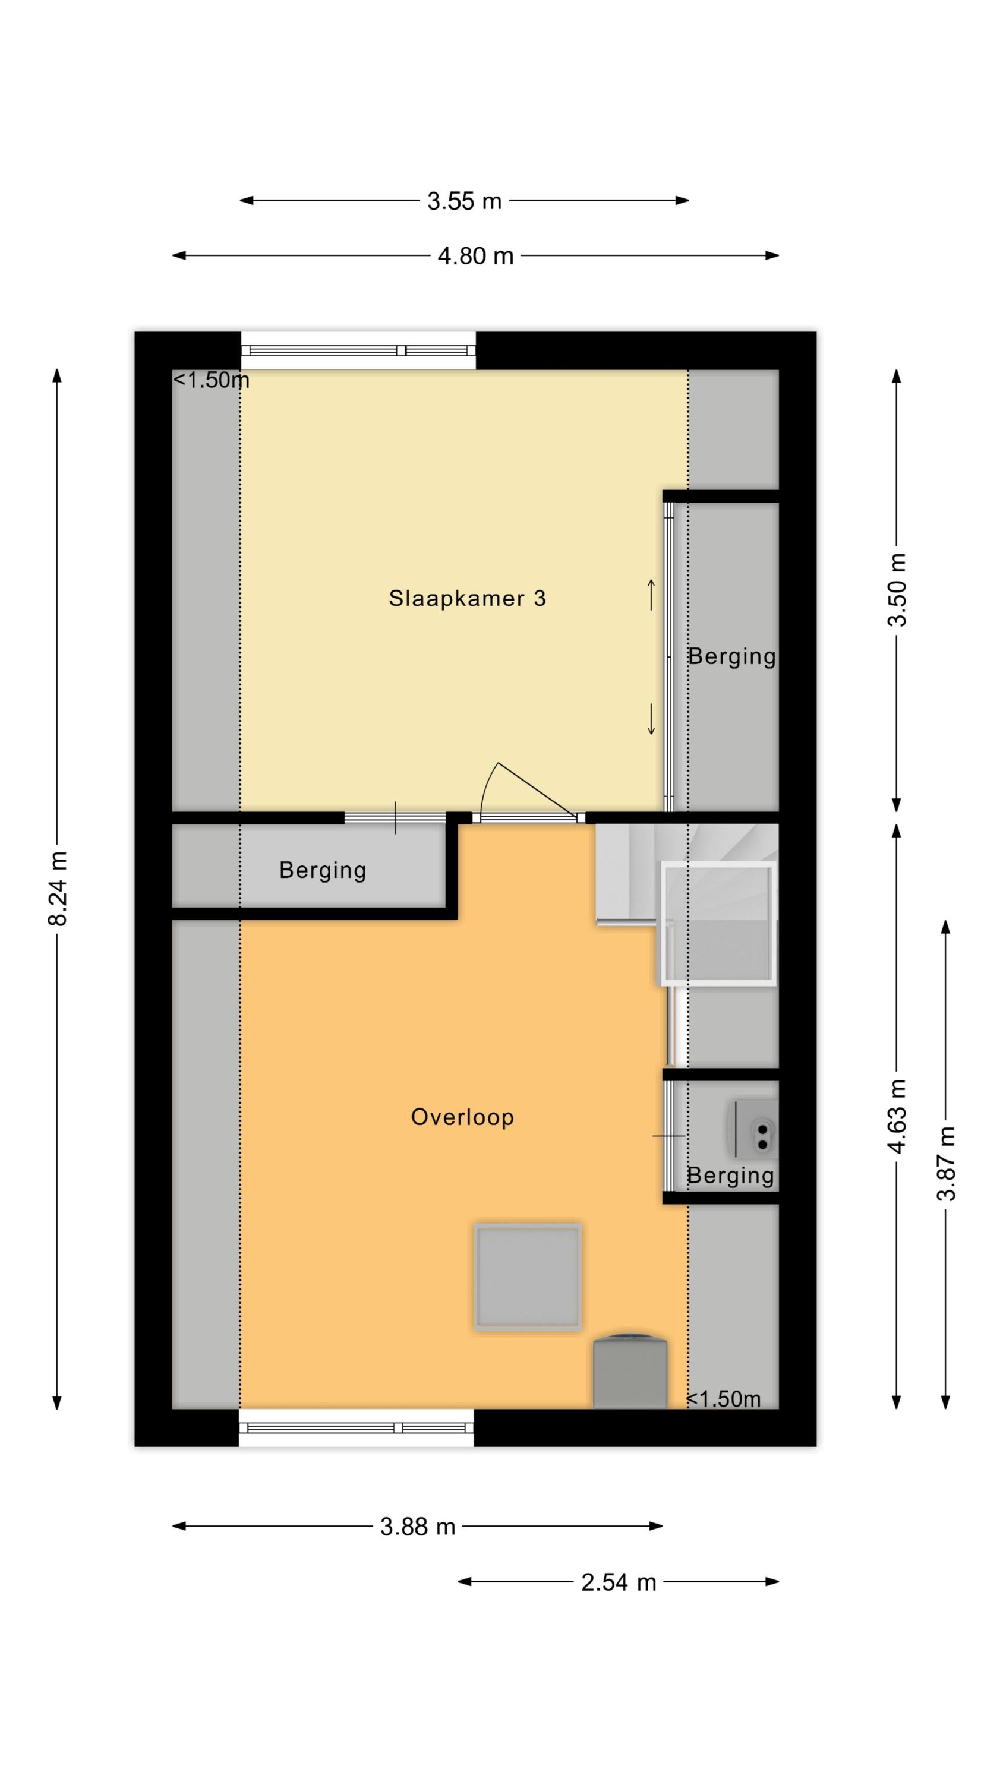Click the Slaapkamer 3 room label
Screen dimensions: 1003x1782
tap(467, 598)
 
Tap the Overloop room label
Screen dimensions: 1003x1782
tap(462, 1117)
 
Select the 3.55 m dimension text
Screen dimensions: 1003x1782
tap(465, 201)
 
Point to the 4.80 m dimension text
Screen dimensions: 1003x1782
tap(475, 256)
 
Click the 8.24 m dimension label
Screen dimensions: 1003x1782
tap(58, 889)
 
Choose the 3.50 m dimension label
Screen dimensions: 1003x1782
tap(897, 589)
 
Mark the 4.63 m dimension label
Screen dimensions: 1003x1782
tap(897, 1117)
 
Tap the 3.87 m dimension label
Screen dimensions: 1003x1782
tap(946, 1164)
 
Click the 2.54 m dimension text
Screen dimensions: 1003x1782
tap(619, 1582)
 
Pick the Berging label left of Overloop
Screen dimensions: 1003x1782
tap(323, 871)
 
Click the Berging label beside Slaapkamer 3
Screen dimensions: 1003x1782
tap(731, 657)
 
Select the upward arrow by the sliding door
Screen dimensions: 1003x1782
tap(651, 595)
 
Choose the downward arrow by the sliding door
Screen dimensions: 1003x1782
tap(651, 719)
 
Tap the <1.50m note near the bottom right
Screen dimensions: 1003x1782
tap(723, 1399)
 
